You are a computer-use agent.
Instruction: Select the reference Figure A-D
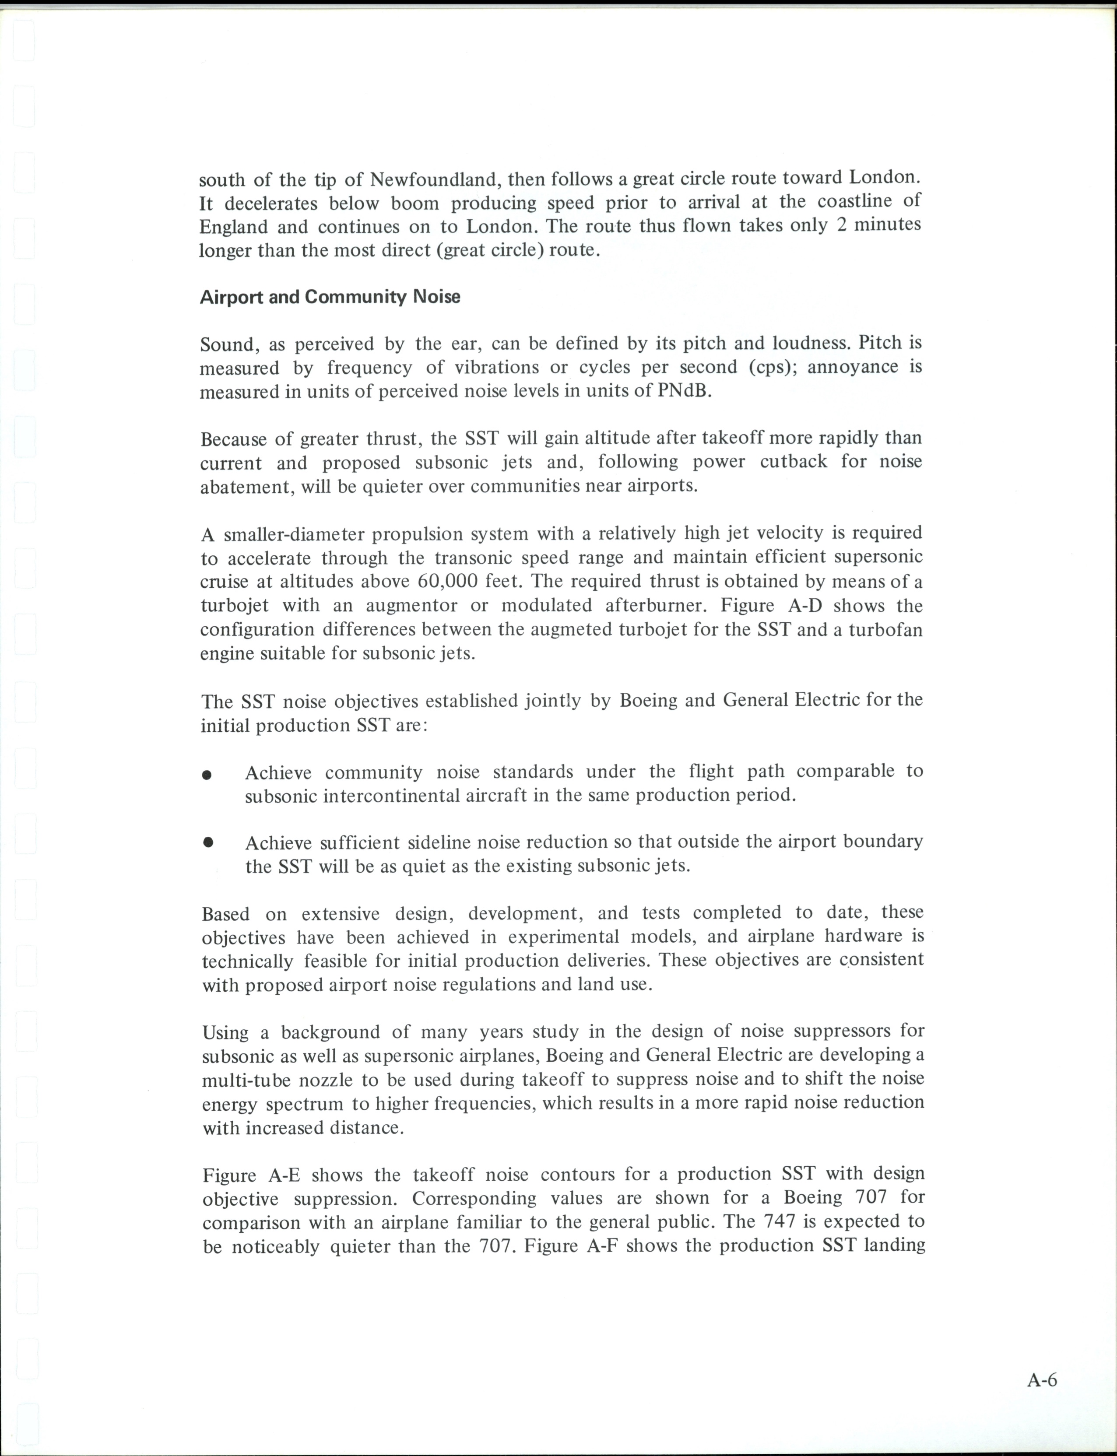tap(768, 606)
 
